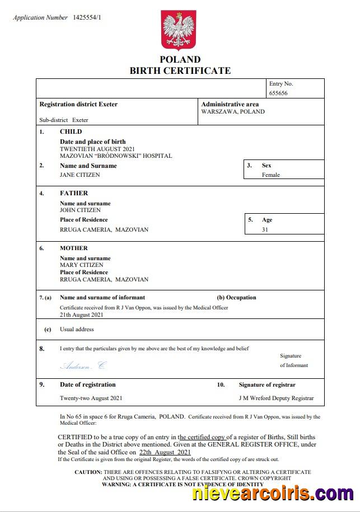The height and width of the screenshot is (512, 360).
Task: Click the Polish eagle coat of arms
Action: [x=180, y=30]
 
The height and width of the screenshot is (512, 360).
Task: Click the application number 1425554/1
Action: [x=87, y=17]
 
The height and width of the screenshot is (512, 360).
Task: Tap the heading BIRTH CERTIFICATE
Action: [x=180, y=71]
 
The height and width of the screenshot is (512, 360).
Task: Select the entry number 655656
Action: [x=278, y=93]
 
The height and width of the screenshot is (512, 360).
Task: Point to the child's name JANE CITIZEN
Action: [x=80, y=175]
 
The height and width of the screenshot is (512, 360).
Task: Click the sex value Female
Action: [x=271, y=175]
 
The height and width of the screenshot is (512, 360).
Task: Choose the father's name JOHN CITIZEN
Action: [x=80, y=210]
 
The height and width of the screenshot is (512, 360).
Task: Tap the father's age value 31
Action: [x=265, y=229]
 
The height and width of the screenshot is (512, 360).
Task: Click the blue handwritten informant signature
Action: [x=82, y=365]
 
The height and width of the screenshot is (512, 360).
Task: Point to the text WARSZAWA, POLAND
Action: [x=233, y=111]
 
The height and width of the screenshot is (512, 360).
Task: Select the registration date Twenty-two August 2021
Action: [x=91, y=398]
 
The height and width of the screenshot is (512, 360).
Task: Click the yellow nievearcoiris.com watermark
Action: [x=272, y=494]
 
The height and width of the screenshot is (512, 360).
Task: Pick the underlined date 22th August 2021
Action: [x=165, y=452]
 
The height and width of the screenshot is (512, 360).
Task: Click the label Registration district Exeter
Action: [x=78, y=104]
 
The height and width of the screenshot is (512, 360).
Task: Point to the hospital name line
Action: [x=116, y=156]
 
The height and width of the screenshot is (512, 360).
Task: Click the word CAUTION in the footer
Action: [x=88, y=472]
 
